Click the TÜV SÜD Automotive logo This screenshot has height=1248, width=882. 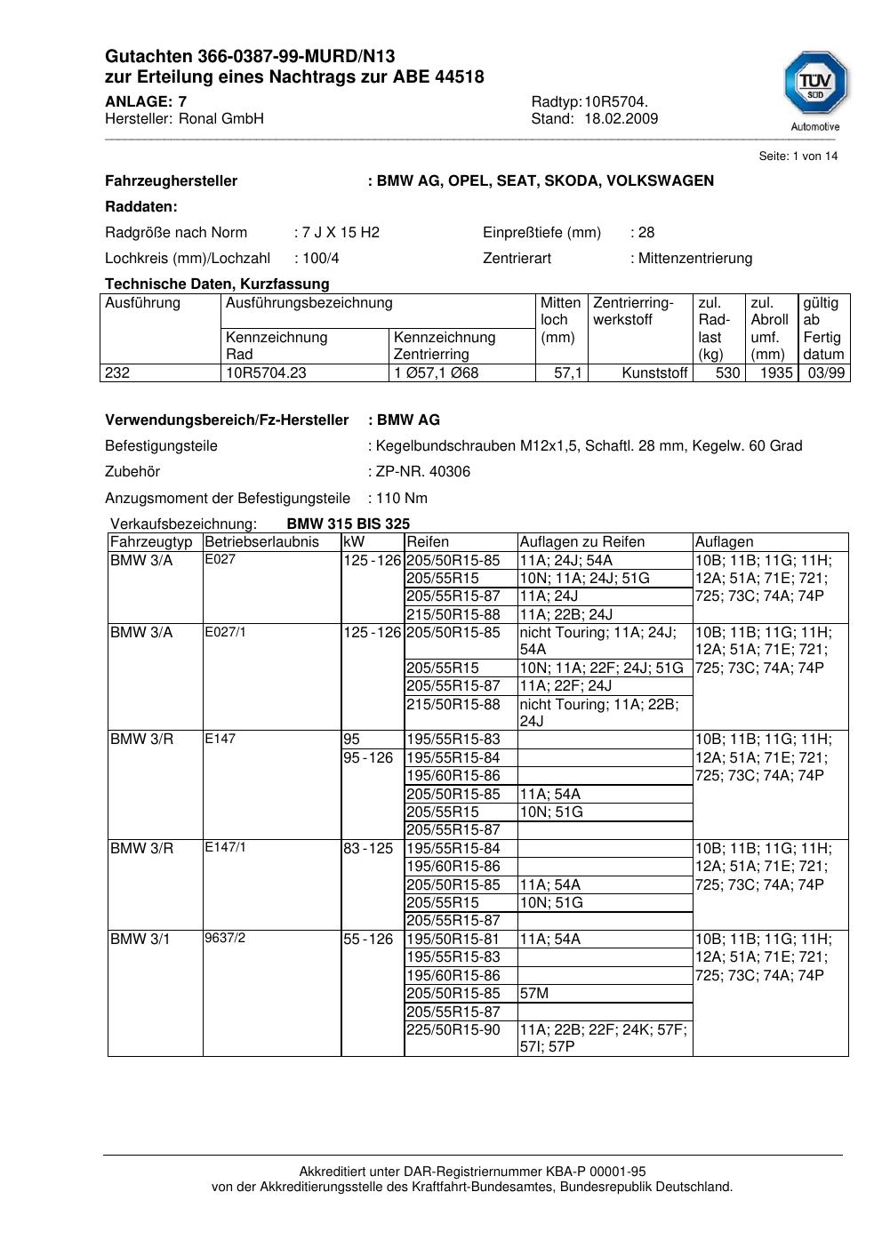815,90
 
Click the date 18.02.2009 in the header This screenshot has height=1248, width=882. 621,119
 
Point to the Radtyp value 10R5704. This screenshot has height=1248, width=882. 616,101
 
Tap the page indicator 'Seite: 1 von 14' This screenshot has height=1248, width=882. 798,156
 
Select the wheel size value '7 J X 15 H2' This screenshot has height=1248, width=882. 341,233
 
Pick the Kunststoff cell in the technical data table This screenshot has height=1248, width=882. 654,373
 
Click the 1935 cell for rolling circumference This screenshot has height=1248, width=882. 775,373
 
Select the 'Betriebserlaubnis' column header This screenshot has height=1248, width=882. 261,542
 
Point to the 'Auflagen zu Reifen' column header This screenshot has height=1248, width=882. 582,542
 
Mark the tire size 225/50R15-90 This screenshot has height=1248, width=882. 453,1030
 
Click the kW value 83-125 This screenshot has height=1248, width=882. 368,849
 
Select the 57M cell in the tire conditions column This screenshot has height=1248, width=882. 534,994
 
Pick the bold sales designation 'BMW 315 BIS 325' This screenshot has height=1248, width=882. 349,524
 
